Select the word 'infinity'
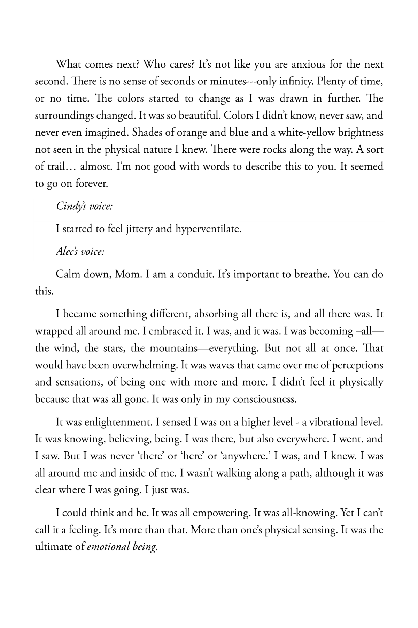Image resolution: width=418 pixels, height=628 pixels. [x=293, y=82]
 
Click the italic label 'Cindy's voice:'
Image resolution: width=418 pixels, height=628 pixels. [x=84, y=207]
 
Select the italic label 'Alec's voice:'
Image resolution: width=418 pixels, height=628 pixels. [x=80, y=252]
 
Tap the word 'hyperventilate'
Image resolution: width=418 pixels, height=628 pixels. [x=208, y=229]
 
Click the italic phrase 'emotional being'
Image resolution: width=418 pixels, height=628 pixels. [x=122, y=547]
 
